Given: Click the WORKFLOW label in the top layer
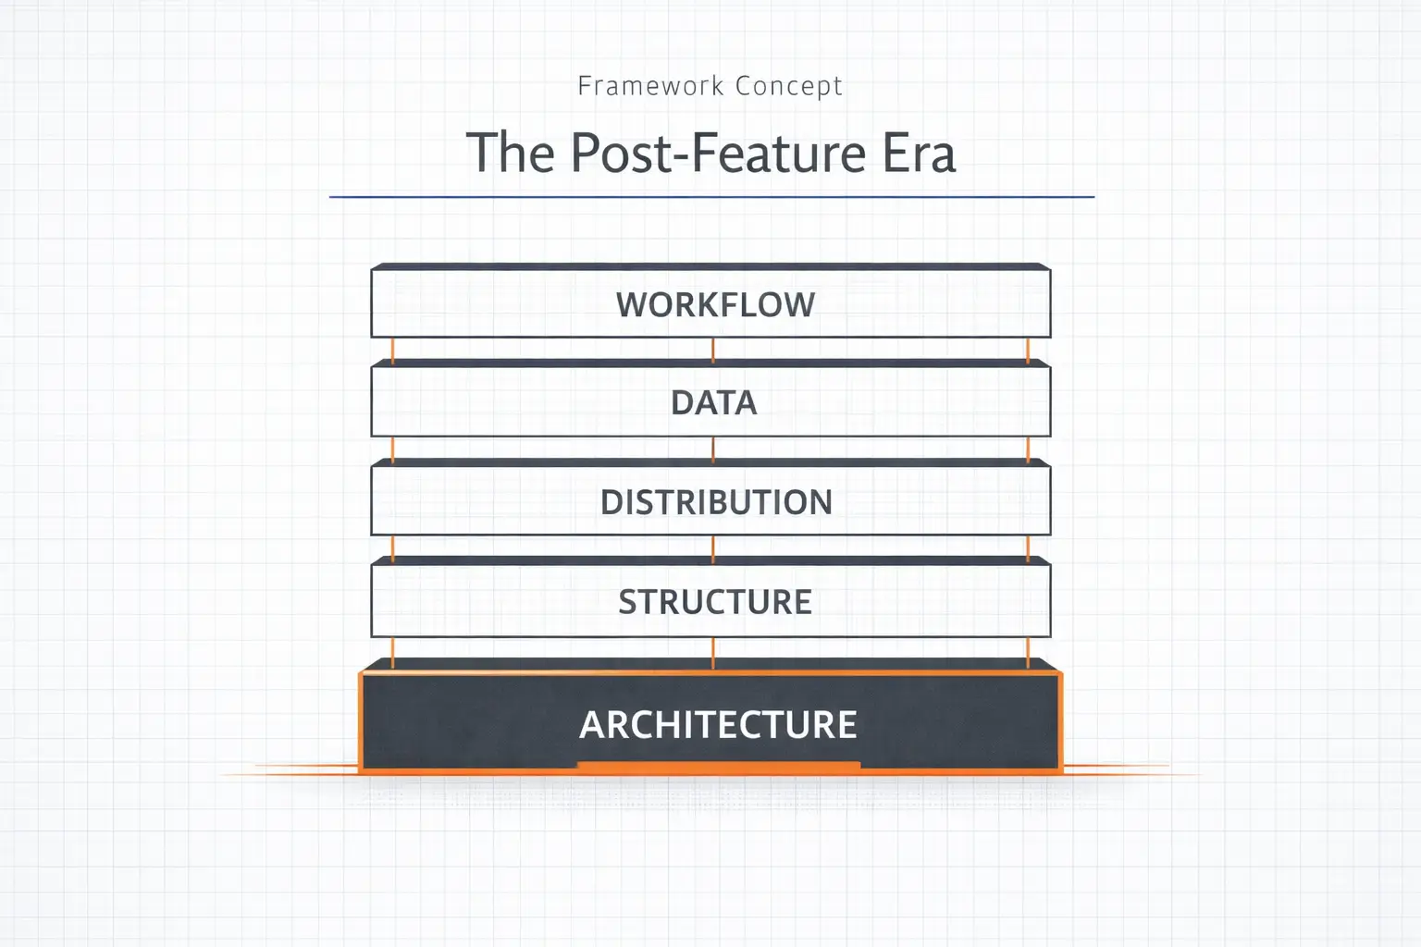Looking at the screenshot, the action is [715, 304].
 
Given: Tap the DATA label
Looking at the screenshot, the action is [714, 403].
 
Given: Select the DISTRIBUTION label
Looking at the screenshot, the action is [716, 502].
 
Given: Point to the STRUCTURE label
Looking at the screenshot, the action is [715, 601].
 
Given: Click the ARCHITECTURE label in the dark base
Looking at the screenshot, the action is [718, 724].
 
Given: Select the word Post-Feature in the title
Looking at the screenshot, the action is [718, 153].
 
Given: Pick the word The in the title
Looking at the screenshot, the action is [511, 153].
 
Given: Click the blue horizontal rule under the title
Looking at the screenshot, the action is [711, 197].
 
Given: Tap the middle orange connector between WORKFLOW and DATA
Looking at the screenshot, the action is [713, 351].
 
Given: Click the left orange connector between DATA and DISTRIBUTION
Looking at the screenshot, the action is [392, 449].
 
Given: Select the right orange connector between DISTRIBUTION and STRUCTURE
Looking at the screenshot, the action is [1028, 548].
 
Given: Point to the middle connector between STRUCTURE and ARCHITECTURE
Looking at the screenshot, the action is [713, 653].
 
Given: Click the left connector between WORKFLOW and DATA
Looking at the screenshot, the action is [392, 351].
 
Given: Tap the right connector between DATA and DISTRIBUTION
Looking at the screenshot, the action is [1028, 449].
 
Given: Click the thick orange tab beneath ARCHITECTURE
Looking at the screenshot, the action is [719, 767].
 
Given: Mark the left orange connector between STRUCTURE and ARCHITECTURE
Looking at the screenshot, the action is [392, 653].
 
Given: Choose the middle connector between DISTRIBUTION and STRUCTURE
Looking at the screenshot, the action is [713, 549].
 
